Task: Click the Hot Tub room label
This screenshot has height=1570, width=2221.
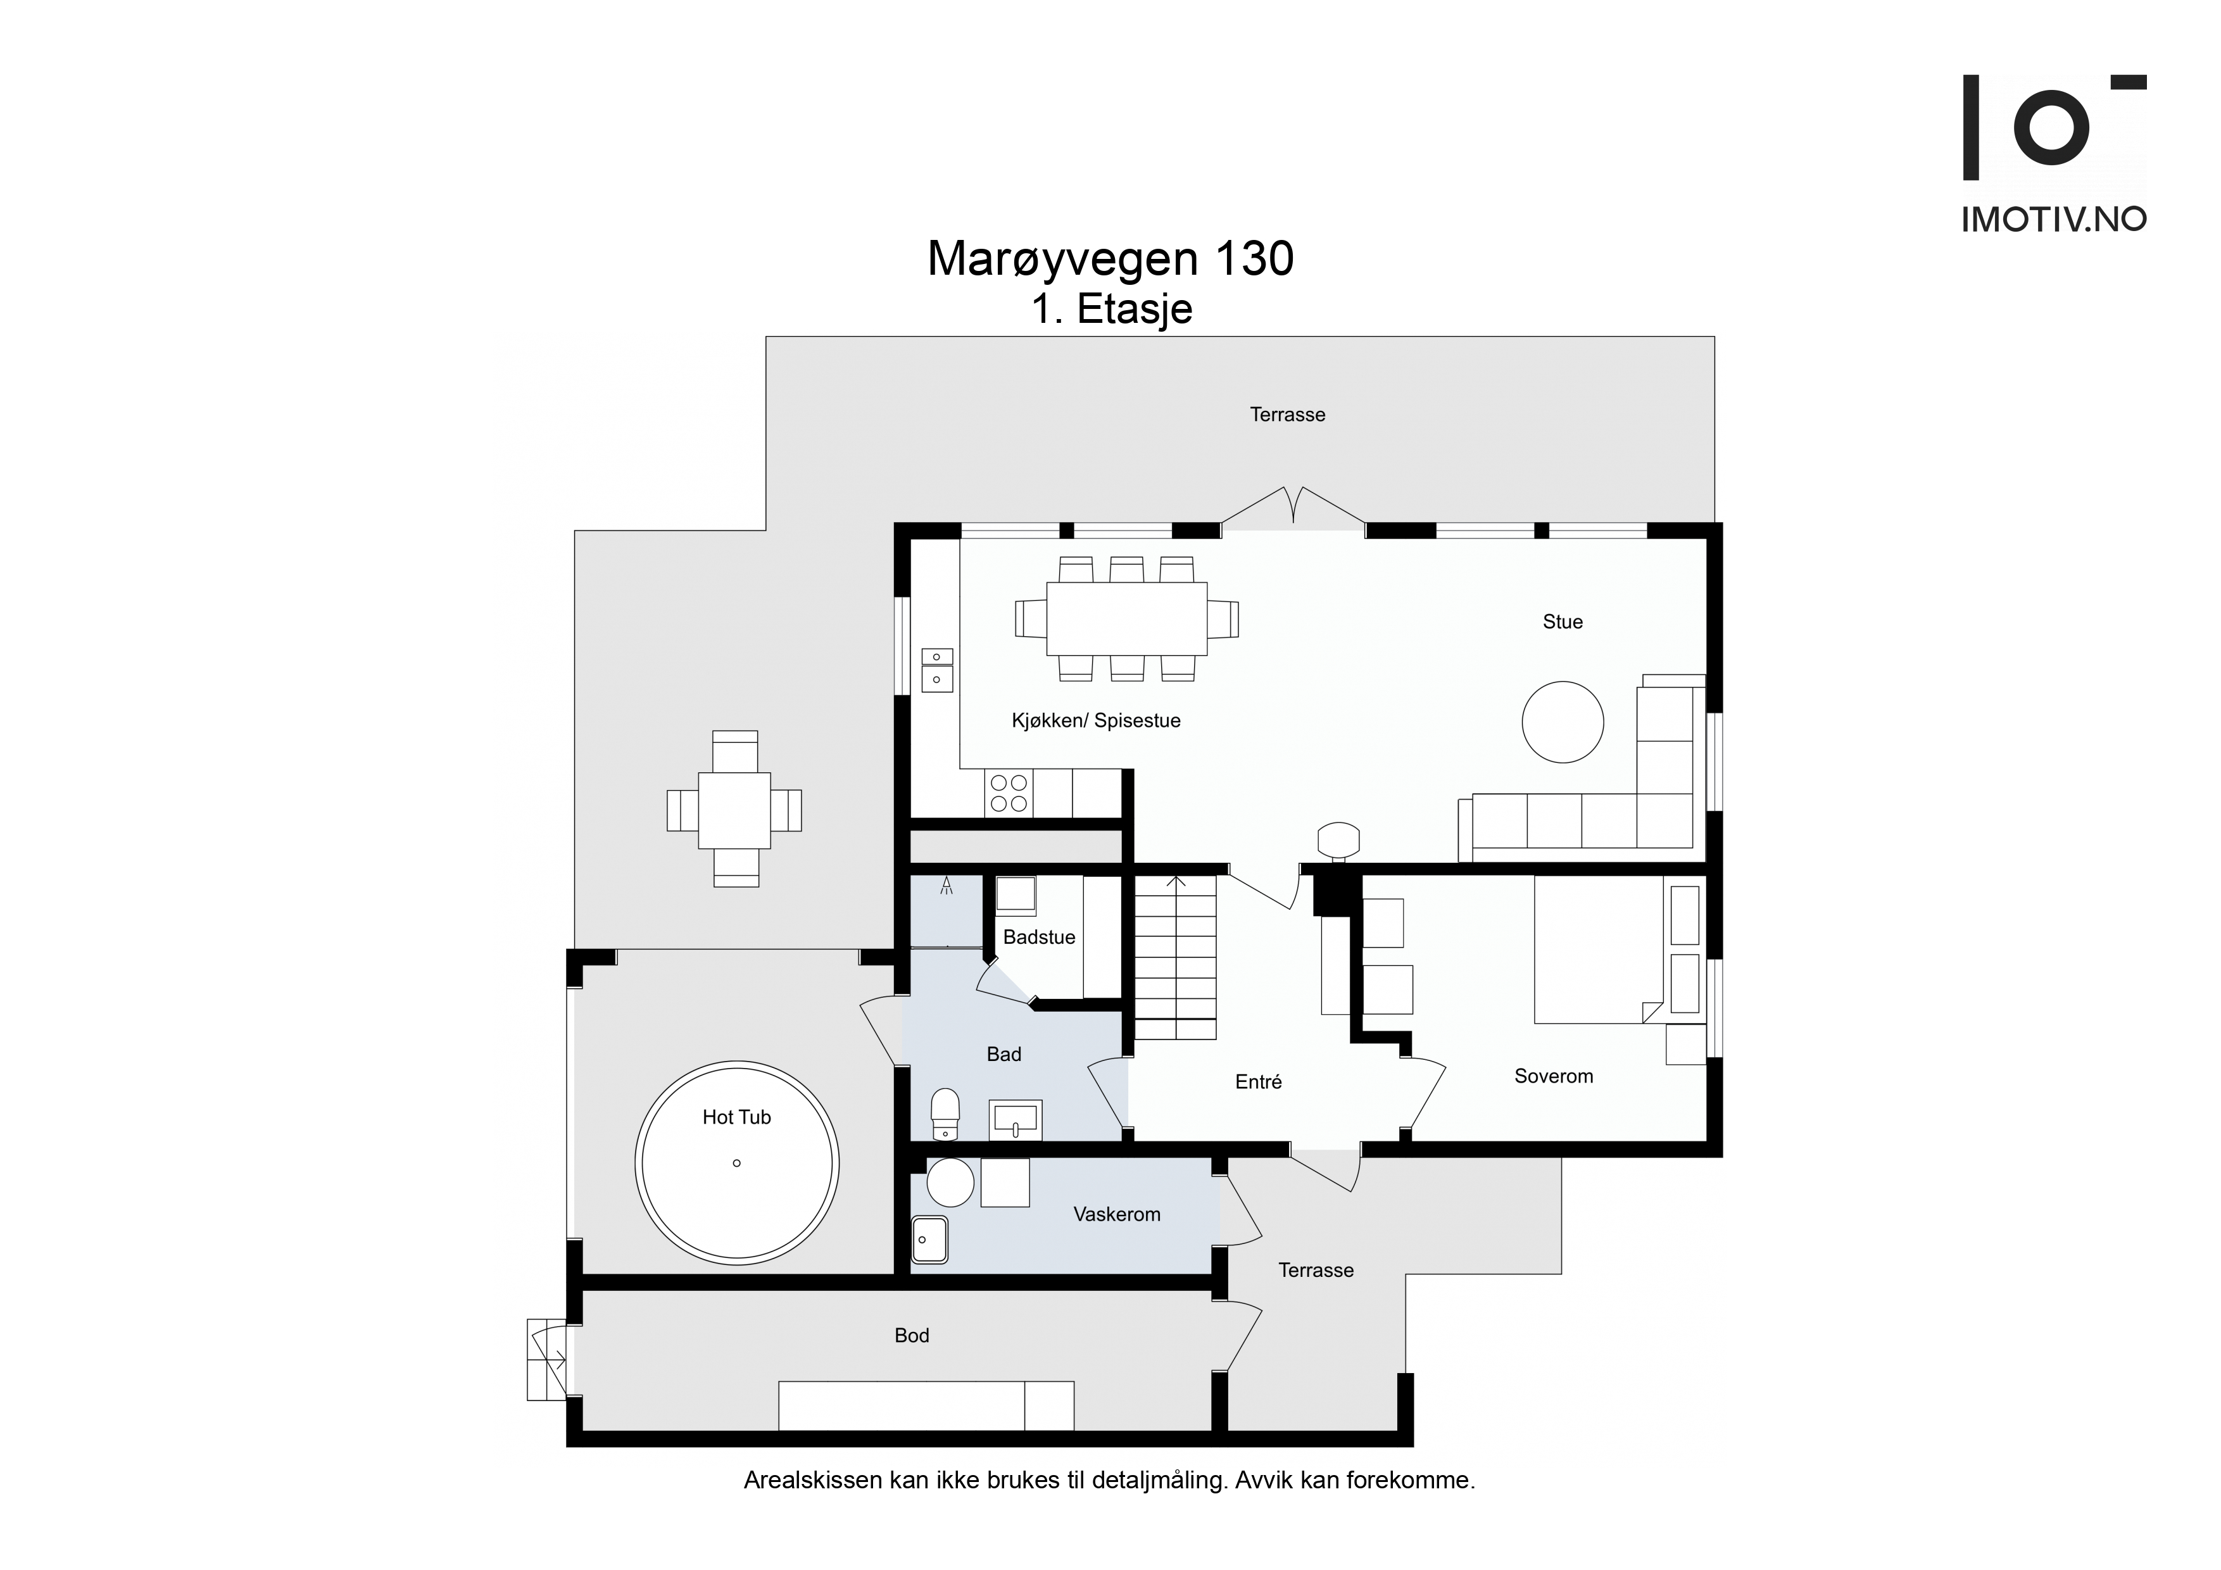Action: click(736, 1117)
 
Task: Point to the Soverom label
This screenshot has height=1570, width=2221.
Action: click(1554, 1076)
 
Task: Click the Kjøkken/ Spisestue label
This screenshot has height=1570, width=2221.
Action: click(1096, 720)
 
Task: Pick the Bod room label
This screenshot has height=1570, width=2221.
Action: click(911, 1335)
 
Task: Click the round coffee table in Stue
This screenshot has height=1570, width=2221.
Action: click(1563, 722)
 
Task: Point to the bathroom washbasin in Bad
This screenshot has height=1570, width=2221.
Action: click(1015, 1119)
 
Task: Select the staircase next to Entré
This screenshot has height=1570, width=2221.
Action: click(1175, 956)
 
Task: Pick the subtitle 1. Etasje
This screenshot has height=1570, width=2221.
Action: click(1112, 310)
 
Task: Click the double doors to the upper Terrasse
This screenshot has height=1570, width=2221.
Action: click(1293, 507)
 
